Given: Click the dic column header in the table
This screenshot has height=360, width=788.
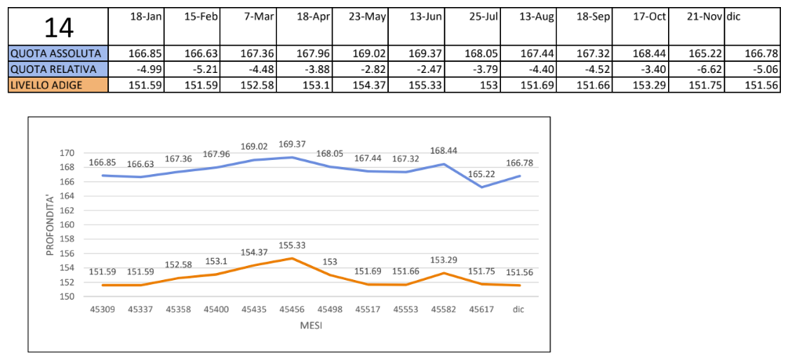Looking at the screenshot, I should tap(734, 16).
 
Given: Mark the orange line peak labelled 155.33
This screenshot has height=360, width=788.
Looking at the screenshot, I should tap(290, 258).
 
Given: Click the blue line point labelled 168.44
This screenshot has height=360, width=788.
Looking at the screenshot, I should tap(444, 164).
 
